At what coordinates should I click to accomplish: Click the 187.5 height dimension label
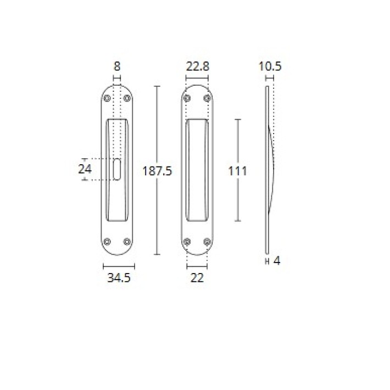(157, 171)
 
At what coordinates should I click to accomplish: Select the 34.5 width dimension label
(119, 277)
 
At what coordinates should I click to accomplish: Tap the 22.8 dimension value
(198, 66)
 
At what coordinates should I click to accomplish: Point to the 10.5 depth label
(270, 66)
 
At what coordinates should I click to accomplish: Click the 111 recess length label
(237, 171)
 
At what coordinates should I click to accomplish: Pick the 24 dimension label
(85, 169)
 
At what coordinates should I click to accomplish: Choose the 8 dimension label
(117, 66)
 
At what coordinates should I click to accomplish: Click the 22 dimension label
(197, 277)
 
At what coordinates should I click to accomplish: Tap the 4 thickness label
(277, 261)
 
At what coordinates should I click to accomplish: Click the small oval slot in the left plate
(117, 169)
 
